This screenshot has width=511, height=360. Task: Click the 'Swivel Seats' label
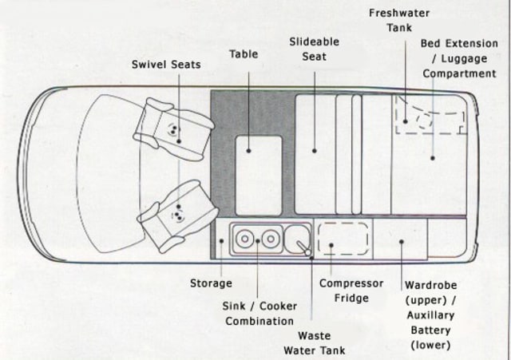tap(166, 64)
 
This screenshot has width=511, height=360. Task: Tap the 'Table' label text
tap(244, 54)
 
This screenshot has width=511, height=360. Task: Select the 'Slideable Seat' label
tap(315, 49)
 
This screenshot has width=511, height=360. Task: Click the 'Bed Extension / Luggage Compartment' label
tap(459, 58)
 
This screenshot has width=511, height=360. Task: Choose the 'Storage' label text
tap(211, 283)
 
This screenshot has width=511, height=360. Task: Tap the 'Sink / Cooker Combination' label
tap(259, 314)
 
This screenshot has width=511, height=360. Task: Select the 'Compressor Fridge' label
tap(351, 291)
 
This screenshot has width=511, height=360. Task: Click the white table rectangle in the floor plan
tap(258, 175)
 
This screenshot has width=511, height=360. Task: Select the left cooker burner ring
tap(244, 239)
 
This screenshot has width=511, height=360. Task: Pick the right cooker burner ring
tap(271, 239)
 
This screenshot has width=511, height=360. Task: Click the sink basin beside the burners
tap(298, 239)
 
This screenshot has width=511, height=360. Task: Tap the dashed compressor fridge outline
tap(344, 239)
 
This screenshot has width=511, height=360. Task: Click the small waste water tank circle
tap(309, 252)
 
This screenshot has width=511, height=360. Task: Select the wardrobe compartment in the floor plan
tap(401, 239)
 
